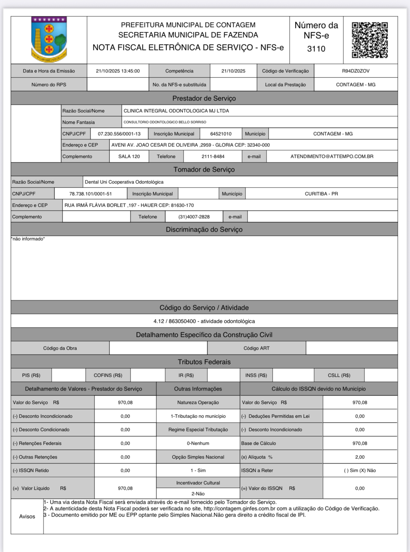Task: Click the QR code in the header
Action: click(370, 40)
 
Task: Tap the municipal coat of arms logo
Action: click(49, 40)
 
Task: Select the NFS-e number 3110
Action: click(316, 49)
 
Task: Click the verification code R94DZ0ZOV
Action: click(356, 71)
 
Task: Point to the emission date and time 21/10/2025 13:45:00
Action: click(118, 71)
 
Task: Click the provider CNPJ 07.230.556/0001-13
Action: click(119, 134)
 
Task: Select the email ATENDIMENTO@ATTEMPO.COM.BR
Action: click(332, 156)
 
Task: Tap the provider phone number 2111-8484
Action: click(213, 156)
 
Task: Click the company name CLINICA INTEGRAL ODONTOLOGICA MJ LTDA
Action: click(176, 111)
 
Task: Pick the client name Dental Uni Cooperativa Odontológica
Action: click(124, 182)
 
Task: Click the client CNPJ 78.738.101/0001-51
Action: click(90, 194)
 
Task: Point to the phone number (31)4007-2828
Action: click(194, 217)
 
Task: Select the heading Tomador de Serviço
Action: click(204, 169)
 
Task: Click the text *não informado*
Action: click(28, 239)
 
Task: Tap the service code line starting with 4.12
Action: click(204, 321)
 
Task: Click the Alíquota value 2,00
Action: click(360, 457)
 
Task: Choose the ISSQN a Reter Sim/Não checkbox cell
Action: click(360, 470)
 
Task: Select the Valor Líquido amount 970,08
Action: click(125, 488)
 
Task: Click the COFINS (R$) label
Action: click(108, 375)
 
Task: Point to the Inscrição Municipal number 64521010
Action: click(221, 134)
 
